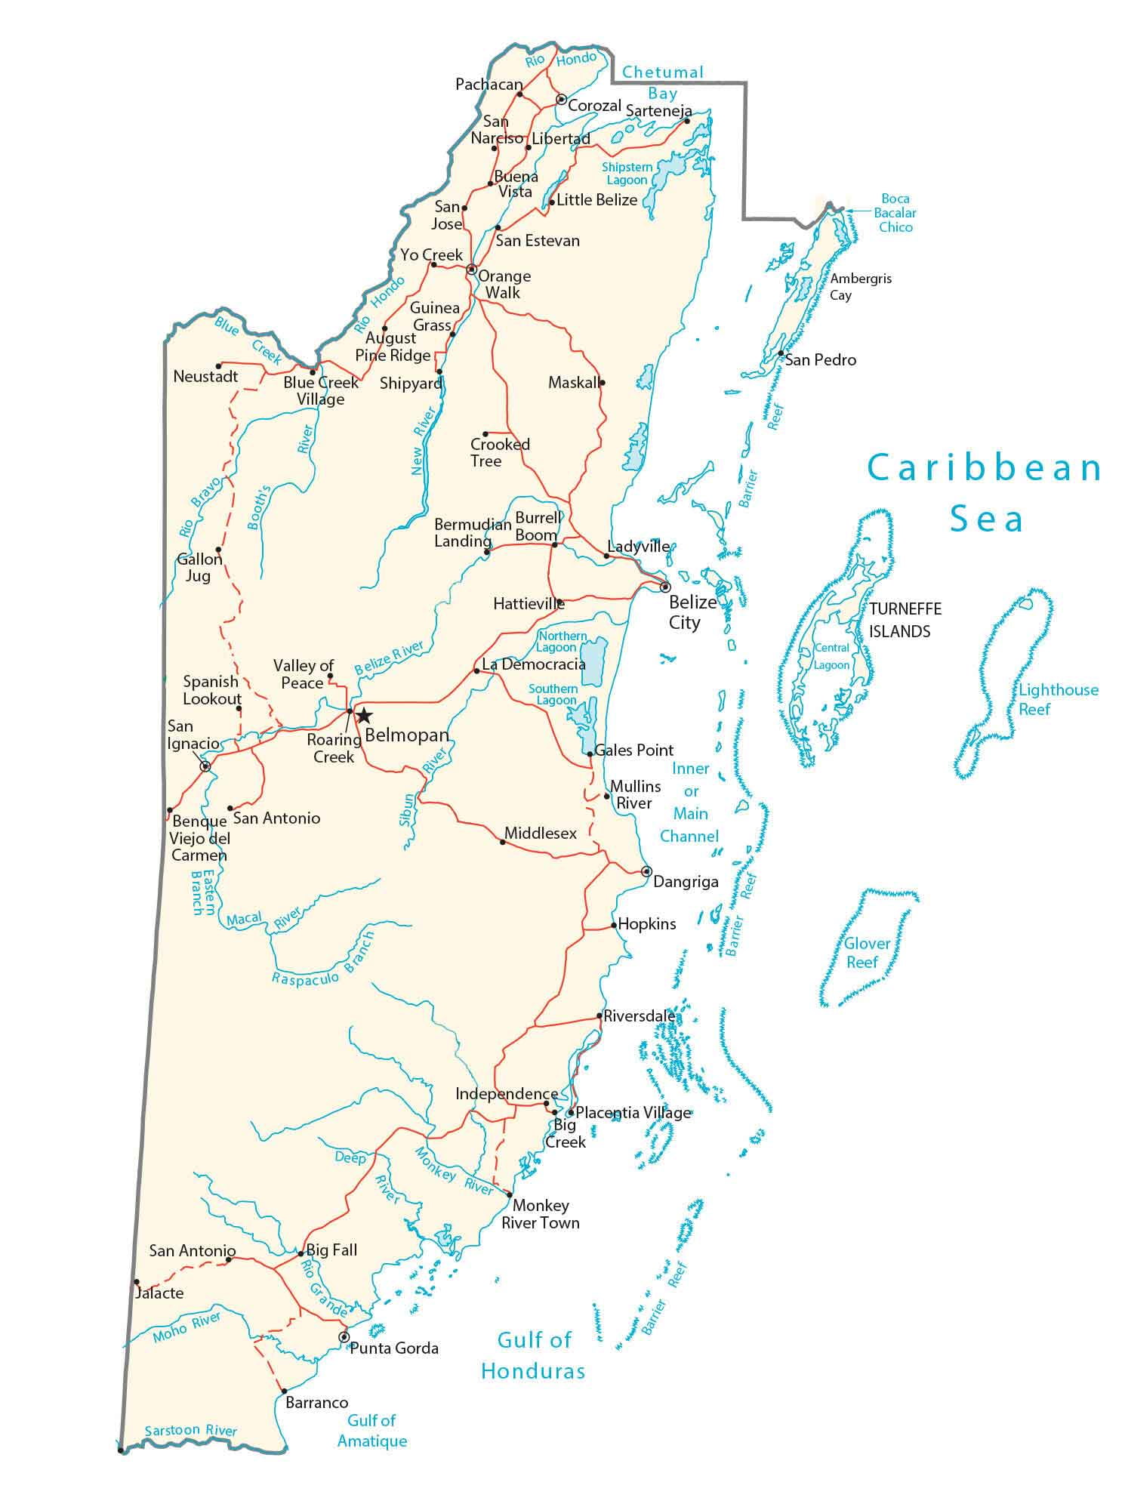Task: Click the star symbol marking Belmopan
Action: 364,715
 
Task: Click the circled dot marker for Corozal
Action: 561,99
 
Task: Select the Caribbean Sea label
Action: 985,492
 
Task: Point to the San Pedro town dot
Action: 781,353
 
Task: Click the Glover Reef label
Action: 866,953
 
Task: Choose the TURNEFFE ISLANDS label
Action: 905,620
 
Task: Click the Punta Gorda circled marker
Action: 344,1337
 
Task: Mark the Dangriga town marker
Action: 646,871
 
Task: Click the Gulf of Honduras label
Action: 533,1356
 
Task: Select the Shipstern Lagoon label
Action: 626,174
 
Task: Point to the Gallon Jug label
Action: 199,568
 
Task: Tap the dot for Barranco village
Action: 284,1391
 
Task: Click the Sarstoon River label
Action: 190,1431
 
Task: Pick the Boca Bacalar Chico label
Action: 895,213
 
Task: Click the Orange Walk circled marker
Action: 471,269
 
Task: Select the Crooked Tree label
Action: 499,452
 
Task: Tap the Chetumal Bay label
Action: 662,82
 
